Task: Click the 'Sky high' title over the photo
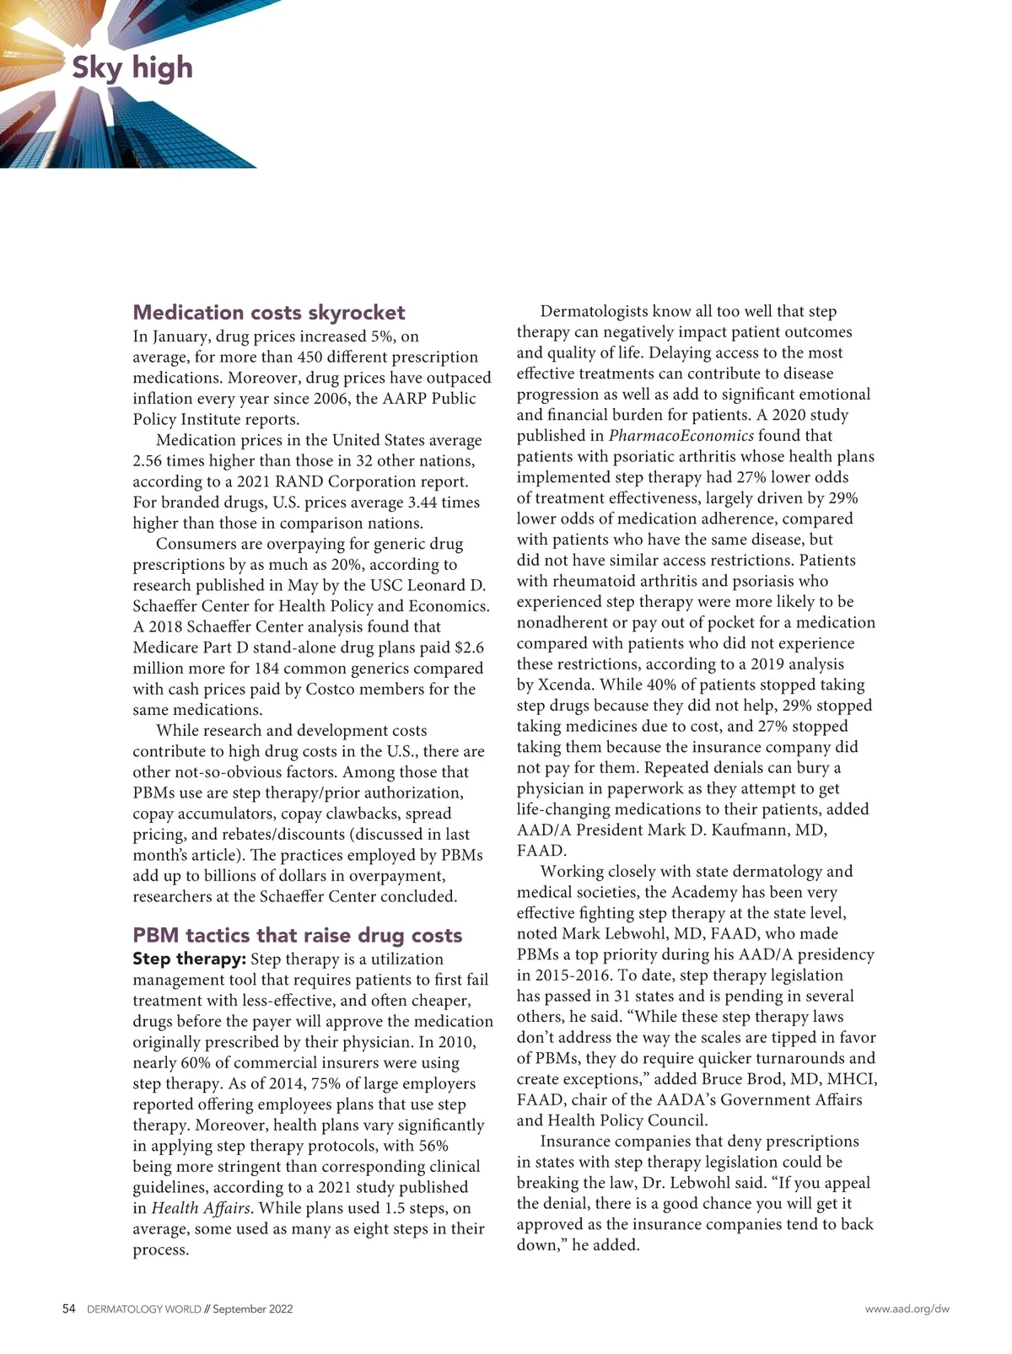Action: coord(132,67)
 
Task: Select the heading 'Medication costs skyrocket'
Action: coord(269,313)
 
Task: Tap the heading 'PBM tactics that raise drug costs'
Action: coord(298,935)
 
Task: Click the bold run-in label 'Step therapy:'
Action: coord(190,959)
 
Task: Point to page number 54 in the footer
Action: coord(69,1309)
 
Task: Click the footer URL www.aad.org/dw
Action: coord(907,1309)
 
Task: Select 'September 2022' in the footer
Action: coord(253,1309)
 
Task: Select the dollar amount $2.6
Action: coord(469,648)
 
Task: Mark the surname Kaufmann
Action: coord(747,830)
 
